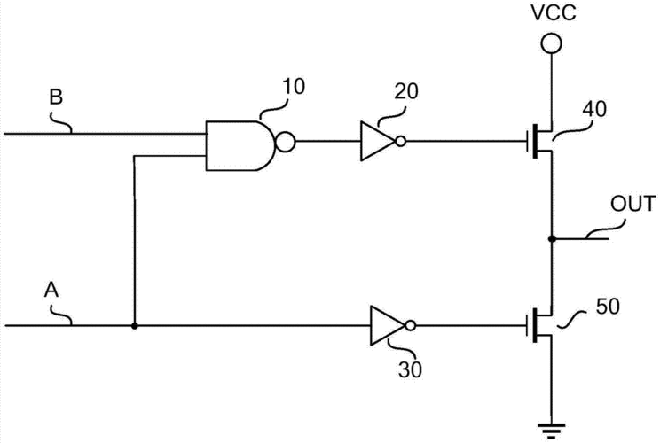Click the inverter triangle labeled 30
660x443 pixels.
388,325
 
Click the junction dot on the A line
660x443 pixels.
134,325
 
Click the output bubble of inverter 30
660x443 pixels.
408,325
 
